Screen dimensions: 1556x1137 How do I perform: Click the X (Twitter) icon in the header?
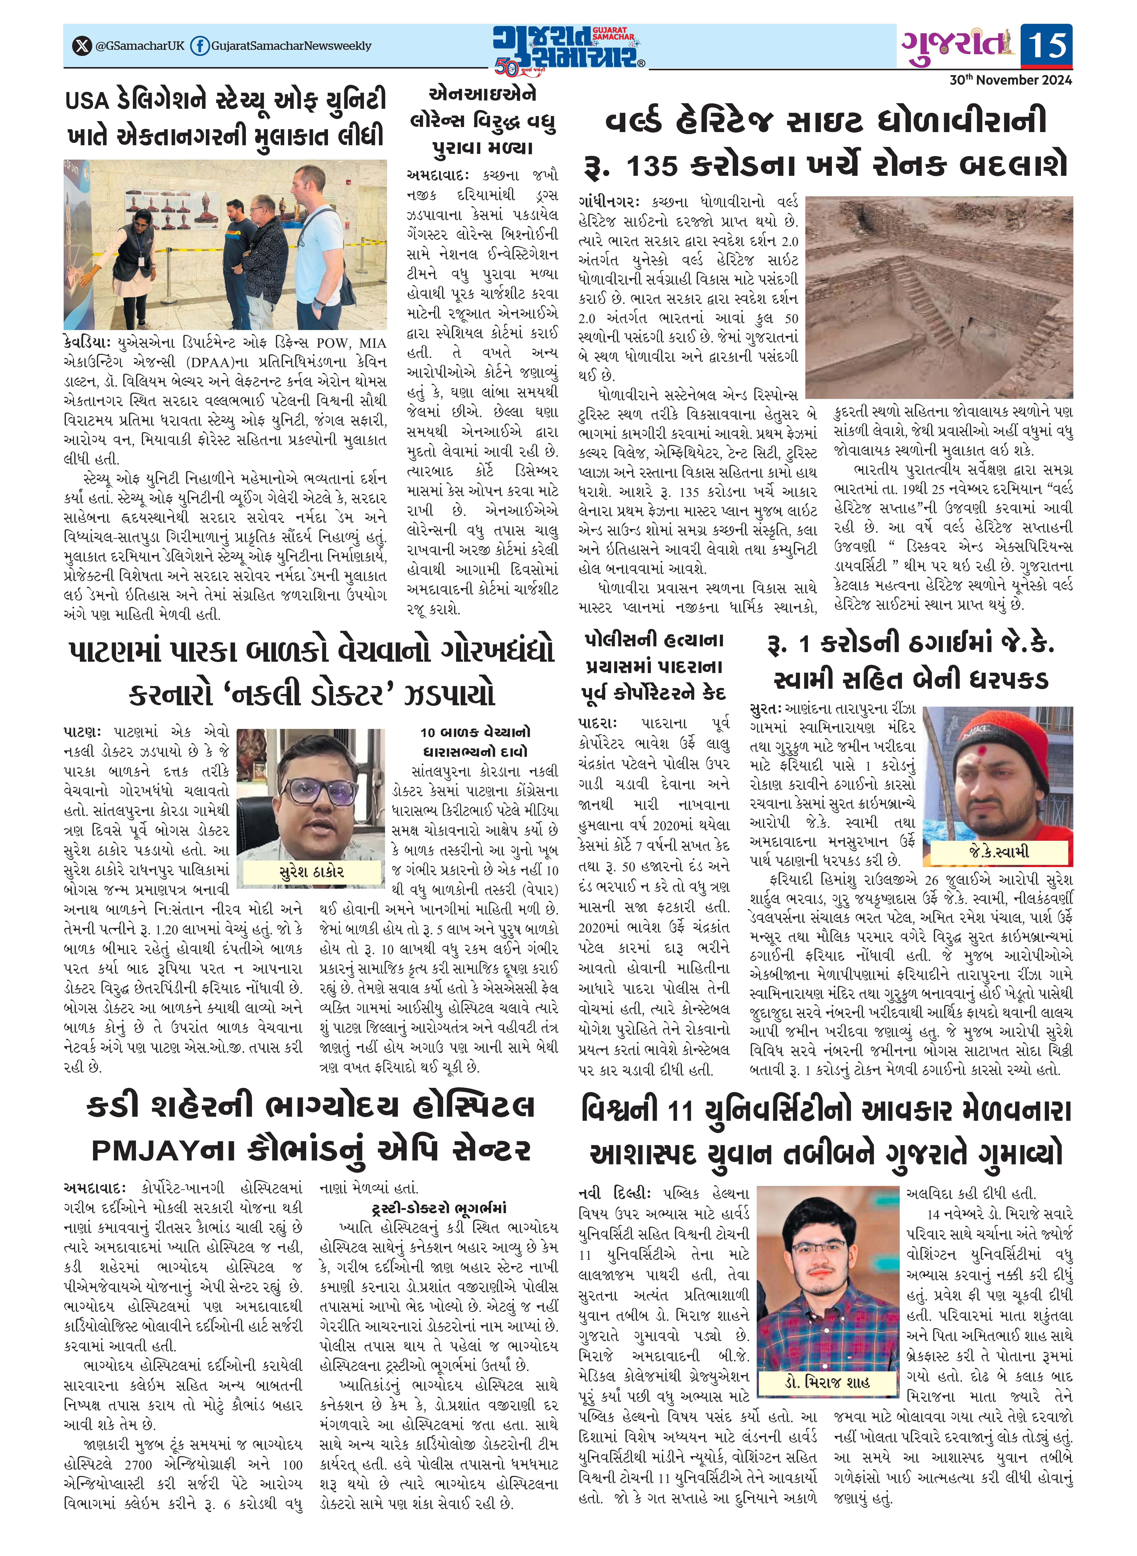coord(82,46)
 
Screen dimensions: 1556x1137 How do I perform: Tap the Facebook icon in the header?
coord(200,46)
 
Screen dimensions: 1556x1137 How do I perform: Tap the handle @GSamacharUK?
coord(140,46)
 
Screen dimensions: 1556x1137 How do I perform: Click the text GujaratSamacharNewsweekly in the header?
coord(291,46)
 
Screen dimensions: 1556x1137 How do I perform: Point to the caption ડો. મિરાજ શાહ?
coord(827,1382)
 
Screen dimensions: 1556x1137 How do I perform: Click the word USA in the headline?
coord(87,101)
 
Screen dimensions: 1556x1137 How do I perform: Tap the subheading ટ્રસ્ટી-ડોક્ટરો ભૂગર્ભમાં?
coord(438,1208)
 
